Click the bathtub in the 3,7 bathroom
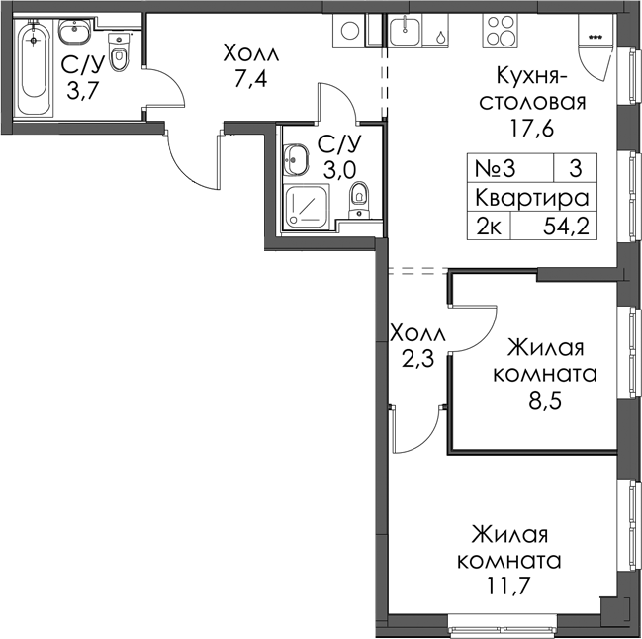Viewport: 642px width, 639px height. coord(34,66)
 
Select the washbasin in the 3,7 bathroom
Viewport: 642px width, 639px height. coord(74,31)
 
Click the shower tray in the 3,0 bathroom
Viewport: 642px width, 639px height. coord(306,207)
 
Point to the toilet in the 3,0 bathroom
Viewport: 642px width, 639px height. coord(359,200)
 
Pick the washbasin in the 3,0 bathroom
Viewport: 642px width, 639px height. coord(294,159)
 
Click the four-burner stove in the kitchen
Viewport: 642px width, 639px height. coord(500,31)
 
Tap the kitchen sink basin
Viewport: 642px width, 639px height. coord(405,31)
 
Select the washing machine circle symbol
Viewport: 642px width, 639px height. coord(350,31)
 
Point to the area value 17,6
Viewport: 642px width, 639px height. coord(531,129)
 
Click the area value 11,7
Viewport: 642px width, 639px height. coord(507,586)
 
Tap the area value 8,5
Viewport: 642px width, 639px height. coord(544,401)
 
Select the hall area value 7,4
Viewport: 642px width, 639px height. coord(250,79)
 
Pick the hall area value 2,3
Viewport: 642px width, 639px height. coord(417,361)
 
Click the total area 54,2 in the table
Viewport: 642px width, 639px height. coord(566,226)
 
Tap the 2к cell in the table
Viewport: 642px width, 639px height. coord(489,226)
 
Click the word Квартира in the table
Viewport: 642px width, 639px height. coord(532,198)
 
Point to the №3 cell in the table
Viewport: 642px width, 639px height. coord(495,168)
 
